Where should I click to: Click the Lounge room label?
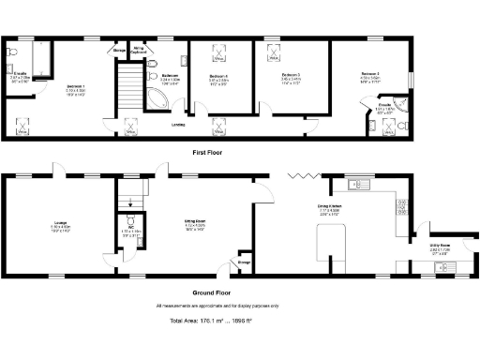tap(59, 224)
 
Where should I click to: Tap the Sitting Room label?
tap(194, 224)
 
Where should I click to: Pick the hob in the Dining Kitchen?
tap(401, 202)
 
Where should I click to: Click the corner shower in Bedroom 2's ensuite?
tap(404, 104)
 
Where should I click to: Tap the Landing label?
tap(177, 124)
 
